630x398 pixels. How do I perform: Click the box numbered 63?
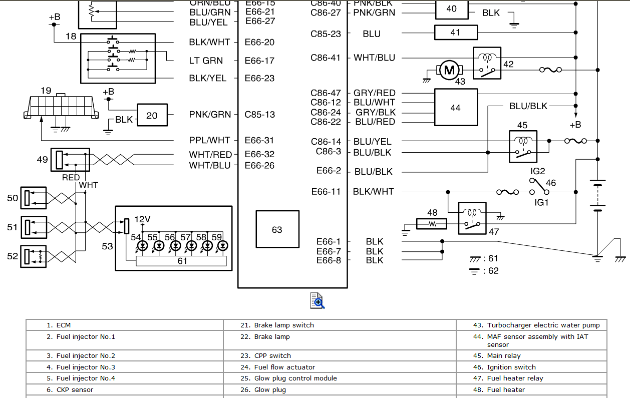coord(277,229)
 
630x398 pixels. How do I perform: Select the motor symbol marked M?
coord(449,71)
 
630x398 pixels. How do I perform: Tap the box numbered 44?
coord(455,108)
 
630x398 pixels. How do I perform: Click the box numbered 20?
coord(152,116)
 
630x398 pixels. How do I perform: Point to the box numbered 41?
coord(455,33)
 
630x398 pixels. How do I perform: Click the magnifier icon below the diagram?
coord(318,300)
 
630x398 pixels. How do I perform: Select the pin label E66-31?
coord(259,141)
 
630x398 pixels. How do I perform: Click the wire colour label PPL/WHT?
coord(209,141)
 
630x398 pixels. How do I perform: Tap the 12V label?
coord(142,219)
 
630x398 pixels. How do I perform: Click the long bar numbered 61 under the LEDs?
coord(182,261)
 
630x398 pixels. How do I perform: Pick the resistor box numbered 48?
coord(432,224)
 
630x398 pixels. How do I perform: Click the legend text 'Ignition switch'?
coord(511,367)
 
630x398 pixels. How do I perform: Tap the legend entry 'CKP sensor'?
coord(75,389)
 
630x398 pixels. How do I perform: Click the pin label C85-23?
coord(326,34)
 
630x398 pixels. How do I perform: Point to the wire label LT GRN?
coord(206,61)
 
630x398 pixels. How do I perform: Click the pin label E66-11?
coord(326,192)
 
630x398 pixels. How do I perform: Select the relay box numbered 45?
coord(523,146)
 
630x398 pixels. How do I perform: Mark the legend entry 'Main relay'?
coord(504,356)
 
